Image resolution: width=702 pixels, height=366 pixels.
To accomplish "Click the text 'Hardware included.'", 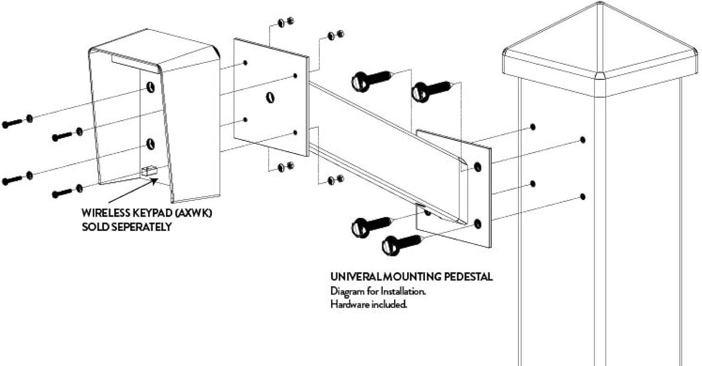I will point(368,304).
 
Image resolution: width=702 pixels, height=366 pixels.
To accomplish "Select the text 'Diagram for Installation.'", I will point(378,291).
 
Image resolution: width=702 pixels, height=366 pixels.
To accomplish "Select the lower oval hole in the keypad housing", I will point(150,144).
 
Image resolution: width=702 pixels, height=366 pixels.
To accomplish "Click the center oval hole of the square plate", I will point(270,98).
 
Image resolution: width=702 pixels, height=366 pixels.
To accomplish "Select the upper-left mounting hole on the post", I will point(533,127).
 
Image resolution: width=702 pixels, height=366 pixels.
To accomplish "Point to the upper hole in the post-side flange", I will point(478,166).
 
